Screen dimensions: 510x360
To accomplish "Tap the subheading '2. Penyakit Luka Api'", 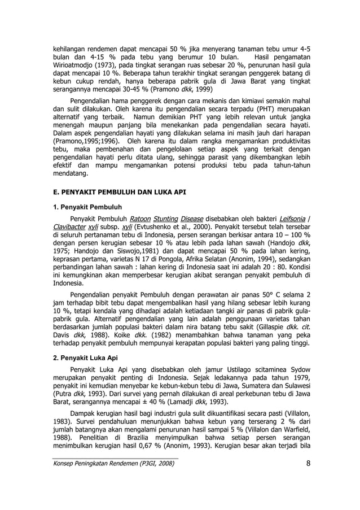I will (87, 358).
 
